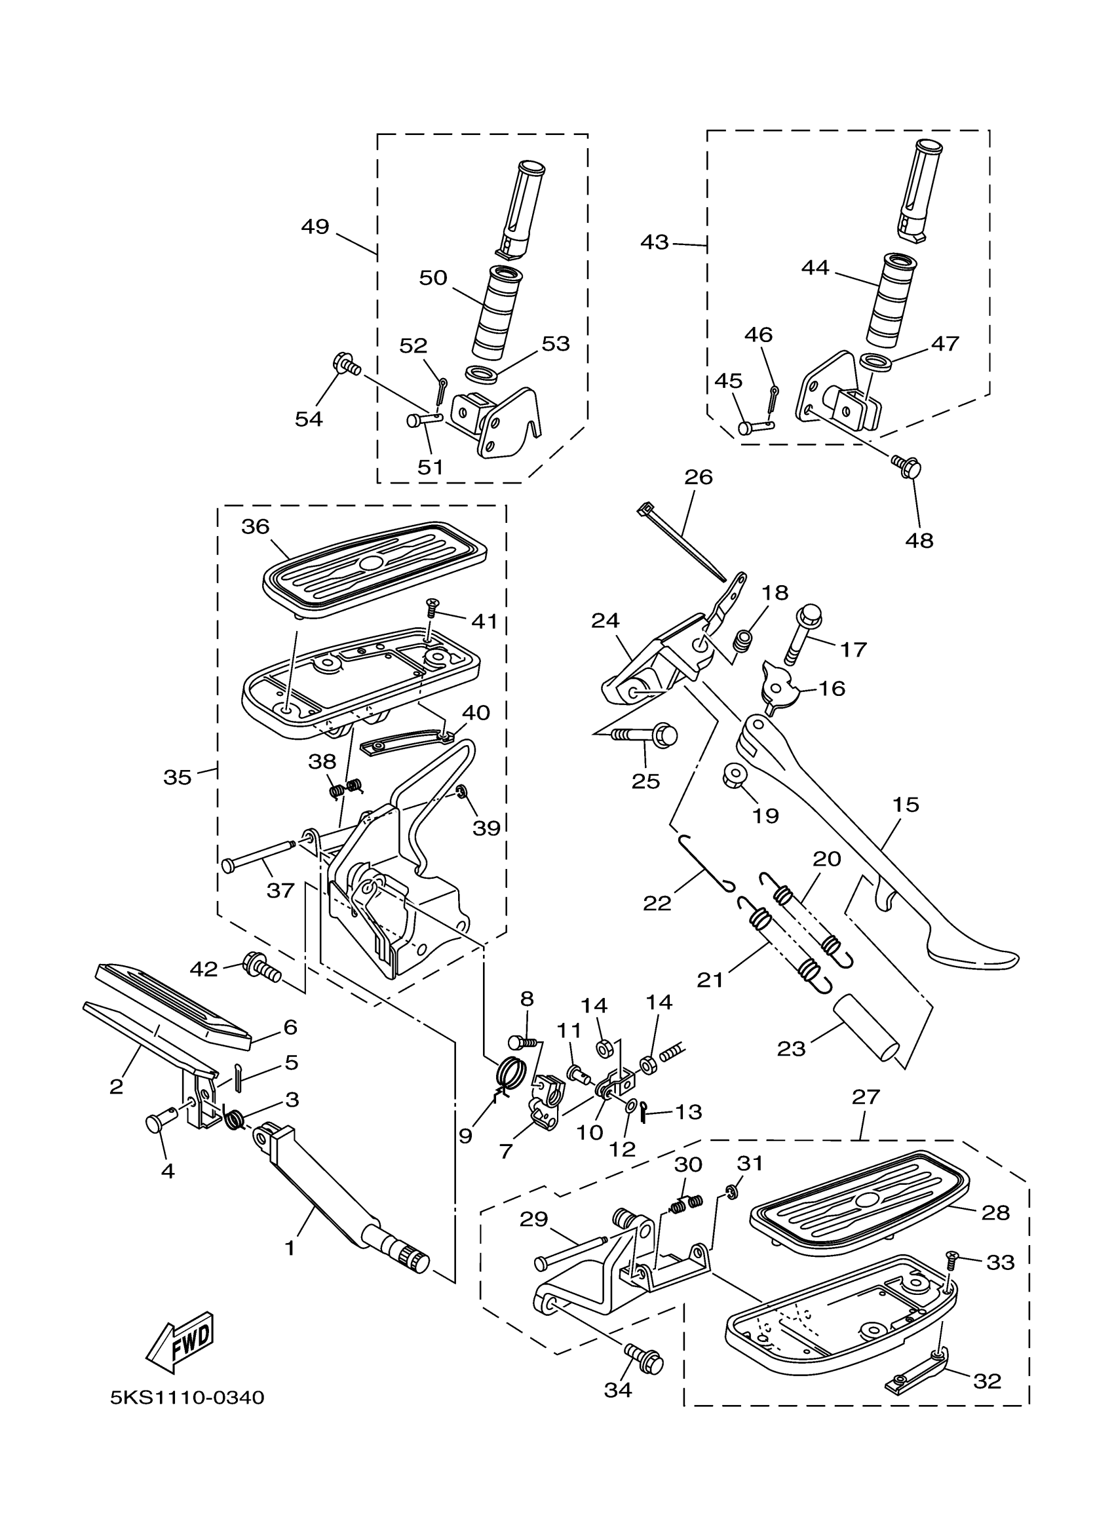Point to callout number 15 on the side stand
click(x=906, y=805)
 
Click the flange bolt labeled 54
click(x=347, y=366)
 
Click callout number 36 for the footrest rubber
click(x=256, y=526)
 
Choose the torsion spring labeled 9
click(x=511, y=1072)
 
